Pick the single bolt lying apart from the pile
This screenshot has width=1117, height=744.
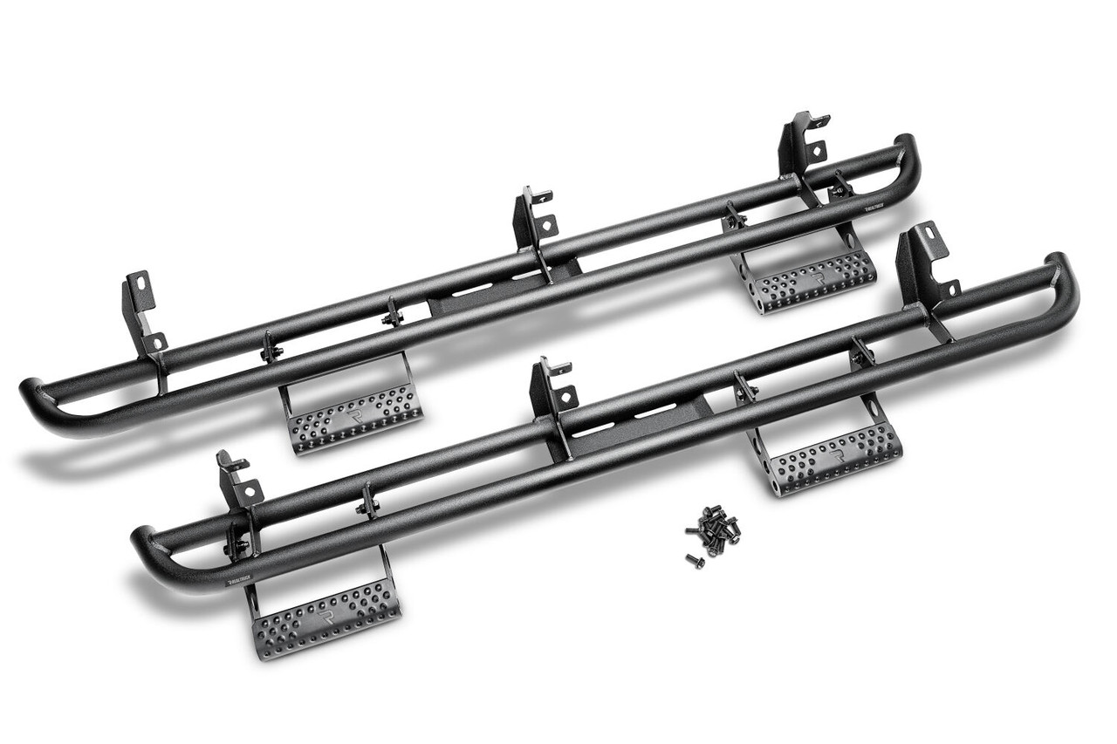tap(695, 560)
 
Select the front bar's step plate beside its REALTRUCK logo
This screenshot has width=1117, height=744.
tap(325, 614)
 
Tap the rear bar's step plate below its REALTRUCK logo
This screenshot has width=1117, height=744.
tap(812, 277)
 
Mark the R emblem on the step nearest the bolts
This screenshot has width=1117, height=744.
tap(836, 455)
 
